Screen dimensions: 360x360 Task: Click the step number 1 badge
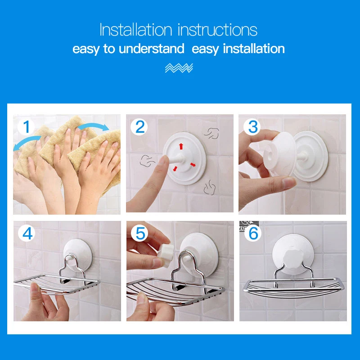(26, 127)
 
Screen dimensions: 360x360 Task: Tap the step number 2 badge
(139, 127)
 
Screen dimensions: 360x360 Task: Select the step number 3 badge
(252, 127)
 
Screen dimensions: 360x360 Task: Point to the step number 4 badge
(27, 234)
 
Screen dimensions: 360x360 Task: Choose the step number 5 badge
(140, 234)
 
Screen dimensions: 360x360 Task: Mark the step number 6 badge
(253, 234)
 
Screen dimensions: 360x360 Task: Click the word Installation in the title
(136, 30)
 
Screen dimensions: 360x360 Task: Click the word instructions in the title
(217, 30)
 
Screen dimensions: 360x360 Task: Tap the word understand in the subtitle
(151, 49)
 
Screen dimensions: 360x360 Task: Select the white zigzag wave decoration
(179, 68)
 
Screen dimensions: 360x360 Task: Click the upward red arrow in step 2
(181, 146)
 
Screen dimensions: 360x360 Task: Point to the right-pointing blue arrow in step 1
(93, 127)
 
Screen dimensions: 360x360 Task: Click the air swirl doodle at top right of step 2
(211, 133)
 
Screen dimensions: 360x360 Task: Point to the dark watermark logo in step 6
(249, 226)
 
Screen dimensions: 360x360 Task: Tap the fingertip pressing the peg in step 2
(163, 160)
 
